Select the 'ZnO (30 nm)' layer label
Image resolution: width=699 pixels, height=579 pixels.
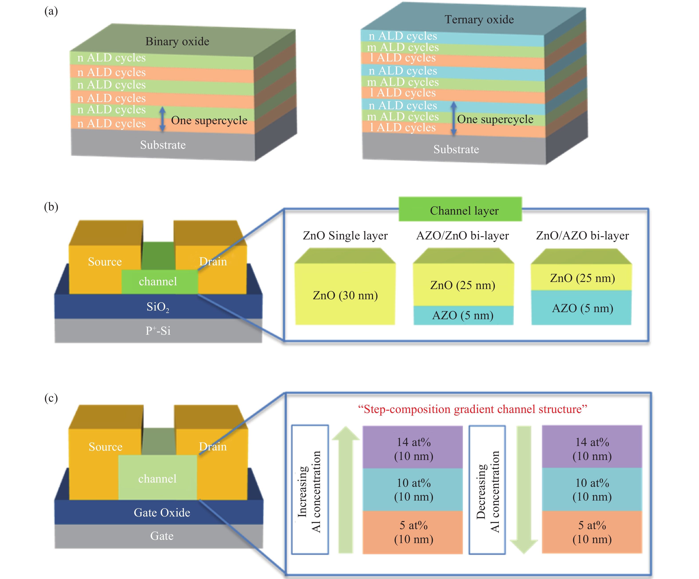tap(345, 295)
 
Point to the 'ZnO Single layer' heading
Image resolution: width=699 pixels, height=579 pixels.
tap(345, 235)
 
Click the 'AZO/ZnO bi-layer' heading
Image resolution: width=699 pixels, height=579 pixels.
tap(462, 235)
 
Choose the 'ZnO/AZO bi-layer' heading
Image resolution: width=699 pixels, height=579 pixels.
tap(582, 235)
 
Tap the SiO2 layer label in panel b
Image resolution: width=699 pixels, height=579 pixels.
tap(158, 307)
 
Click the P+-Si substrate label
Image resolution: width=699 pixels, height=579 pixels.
tap(158, 331)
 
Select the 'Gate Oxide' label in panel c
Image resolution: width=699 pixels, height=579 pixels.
tap(162, 512)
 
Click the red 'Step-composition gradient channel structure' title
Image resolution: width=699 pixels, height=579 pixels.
tap(472, 409)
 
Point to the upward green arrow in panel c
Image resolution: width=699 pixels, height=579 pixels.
tap(346, 489)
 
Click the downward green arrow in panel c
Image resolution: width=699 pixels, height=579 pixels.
tap(524, 489)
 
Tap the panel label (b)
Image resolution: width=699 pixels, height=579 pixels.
tap(51, 207)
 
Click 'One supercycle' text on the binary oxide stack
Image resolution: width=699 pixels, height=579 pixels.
tap(209, 120)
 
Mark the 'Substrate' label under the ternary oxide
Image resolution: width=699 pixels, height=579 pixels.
tap(456, 149)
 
